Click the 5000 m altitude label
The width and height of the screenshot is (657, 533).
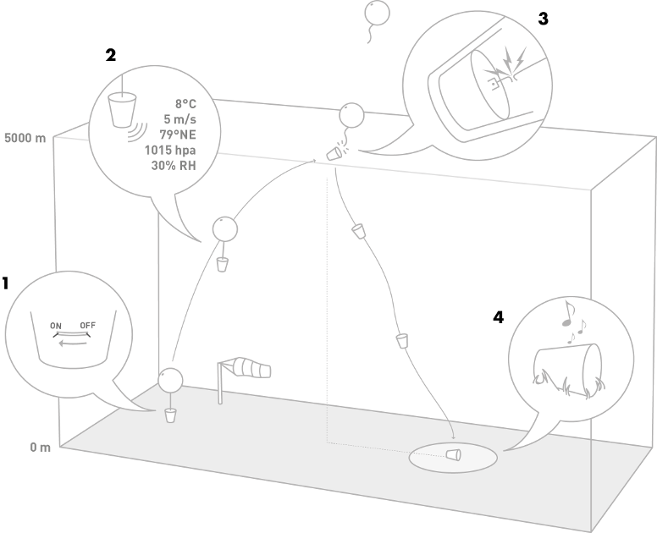[25, 137]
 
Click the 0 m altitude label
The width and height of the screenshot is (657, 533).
[40, 447]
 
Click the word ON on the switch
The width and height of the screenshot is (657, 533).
[56, 326]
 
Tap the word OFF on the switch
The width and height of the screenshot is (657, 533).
[88, 326]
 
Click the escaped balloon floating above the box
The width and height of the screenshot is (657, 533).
[377, 13]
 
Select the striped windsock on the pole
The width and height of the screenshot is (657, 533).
[251, 368]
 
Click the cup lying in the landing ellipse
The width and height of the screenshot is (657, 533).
[455, 455]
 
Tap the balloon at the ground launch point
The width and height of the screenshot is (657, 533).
[172, 380]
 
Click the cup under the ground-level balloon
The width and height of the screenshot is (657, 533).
[170, 415]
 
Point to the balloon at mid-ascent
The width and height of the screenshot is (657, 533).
[224, 228]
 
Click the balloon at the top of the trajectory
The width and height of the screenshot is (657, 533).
[351, 115]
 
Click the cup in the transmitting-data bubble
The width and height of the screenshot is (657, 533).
[123, 108]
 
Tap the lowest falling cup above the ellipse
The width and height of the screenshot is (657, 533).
[402, 340]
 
